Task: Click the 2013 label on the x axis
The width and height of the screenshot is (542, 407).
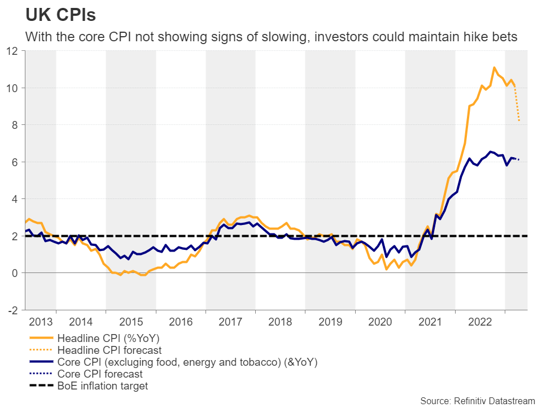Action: click(x=41, y=322)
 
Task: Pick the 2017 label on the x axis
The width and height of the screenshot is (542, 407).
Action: click(x=230, y=322)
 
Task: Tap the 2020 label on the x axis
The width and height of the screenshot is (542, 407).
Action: click(x=380, y=322)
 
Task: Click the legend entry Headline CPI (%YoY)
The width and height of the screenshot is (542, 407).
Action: click(x=107, y=339)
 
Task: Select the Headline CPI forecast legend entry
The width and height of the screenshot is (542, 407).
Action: click(x=110, y=350)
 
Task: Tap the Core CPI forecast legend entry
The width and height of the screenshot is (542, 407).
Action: click(x=100, y=374)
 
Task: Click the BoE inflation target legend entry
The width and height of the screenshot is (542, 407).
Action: click(x=103, y=386)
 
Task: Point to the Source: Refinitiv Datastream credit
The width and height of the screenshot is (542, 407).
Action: click(x=477, y=400)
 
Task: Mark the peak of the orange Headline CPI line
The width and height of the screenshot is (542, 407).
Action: click(x=495, y=68)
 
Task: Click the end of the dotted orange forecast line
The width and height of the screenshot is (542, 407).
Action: click(x=519, y=120)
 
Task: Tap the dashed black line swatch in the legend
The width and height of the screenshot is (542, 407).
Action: click(x=40, y=387)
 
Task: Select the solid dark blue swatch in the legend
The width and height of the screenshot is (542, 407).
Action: click(x=40, y=362)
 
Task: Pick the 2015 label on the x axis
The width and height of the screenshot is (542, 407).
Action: click(x=131, y=322)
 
